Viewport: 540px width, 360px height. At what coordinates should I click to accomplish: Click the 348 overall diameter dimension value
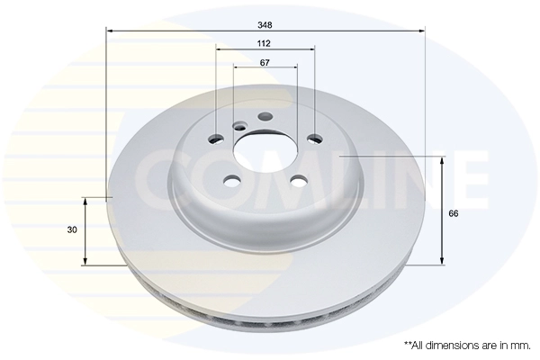coord(265,24)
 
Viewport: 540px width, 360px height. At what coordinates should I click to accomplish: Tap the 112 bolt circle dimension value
coord(265,43)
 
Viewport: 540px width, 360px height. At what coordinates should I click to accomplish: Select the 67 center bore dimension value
coord(265,62)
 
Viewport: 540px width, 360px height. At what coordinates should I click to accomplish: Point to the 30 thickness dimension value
coord(71,230)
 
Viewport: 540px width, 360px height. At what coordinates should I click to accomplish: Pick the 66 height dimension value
coord(454,213)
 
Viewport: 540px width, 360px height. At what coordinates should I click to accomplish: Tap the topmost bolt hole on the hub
coord(265,116)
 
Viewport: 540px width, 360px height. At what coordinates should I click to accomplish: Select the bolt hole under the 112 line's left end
coord(217,139)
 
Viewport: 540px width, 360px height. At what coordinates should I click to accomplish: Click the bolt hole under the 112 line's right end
coord(313,139)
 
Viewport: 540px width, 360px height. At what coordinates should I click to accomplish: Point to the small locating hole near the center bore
coord(238,127)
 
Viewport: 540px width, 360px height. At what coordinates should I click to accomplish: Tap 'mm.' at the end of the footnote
coord(519,345)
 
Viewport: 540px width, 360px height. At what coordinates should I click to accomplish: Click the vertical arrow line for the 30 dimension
coord(85,230)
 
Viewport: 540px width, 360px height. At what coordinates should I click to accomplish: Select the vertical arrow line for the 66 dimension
coord(441,211)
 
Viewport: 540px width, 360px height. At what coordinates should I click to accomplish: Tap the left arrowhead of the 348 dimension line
coord(110,31)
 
